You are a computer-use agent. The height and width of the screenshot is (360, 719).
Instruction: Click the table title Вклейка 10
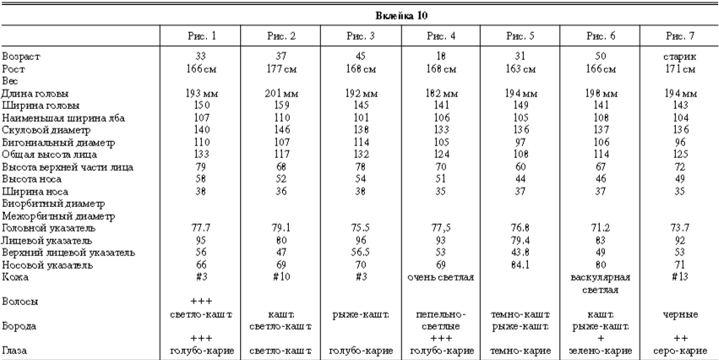[359, 15]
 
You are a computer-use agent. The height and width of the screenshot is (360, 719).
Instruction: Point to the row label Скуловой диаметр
[43, 131]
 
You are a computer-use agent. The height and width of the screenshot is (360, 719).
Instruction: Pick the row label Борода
[19, 325]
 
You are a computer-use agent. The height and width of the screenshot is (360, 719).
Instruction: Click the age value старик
[680, 55]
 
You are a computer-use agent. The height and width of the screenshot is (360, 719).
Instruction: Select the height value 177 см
[281, 68]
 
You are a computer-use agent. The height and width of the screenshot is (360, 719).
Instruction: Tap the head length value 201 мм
[281, 93]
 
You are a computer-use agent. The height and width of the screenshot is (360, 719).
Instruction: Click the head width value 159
[281, 106]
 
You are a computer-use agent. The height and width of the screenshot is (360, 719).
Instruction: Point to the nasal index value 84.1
[520, 265]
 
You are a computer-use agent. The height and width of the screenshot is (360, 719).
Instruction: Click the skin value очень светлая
[440, 277]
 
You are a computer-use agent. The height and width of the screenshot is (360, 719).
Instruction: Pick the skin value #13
[680, 277]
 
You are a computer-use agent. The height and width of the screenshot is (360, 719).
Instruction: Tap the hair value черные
[680, 314]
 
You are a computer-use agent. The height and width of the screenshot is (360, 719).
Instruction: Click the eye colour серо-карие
[680, 350]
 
